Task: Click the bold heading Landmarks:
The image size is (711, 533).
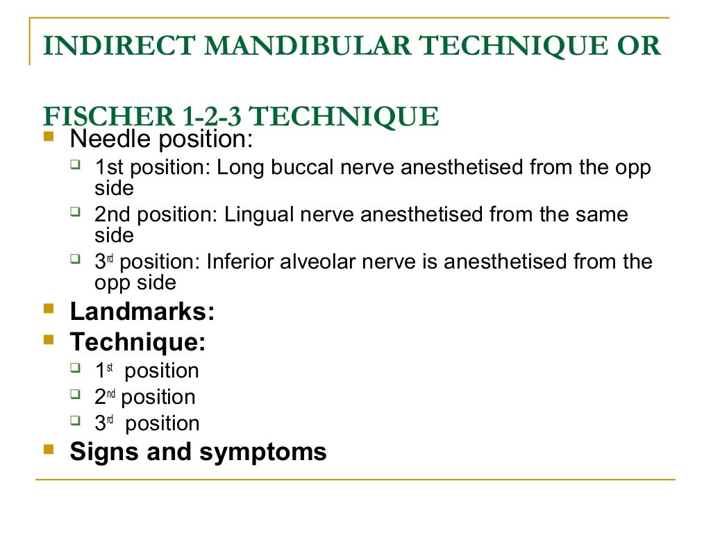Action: (142, 312)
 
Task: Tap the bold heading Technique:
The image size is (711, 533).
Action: (137, 342)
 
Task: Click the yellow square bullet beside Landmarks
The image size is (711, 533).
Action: (48, 309)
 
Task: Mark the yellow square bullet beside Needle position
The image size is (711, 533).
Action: (48, 137)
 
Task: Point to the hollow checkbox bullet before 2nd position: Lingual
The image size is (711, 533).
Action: (76, 212)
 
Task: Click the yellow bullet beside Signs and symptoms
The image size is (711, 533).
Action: (48, 449)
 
